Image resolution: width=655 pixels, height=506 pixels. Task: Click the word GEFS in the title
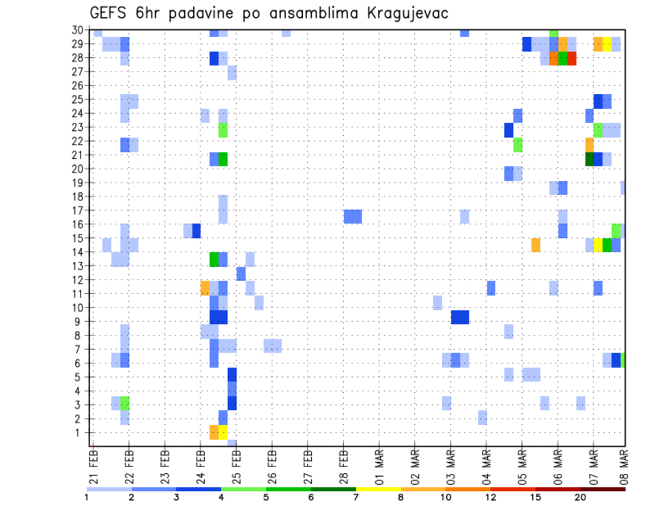(111, 13)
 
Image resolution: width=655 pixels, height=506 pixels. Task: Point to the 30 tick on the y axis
(79, 30)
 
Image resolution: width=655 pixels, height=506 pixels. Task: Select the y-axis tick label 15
(79, 239)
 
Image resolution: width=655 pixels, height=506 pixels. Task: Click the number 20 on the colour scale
(580, 497)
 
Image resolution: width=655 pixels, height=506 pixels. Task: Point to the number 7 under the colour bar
(355, 497)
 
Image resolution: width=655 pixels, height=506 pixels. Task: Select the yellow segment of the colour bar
(378, 489)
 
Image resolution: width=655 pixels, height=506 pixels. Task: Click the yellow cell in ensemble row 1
(223, 432)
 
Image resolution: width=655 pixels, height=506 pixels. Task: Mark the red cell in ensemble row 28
(572, 58)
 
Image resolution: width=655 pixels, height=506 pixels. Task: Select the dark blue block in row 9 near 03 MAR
(460, 317)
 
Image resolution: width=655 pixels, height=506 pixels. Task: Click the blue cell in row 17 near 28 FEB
(353, 216)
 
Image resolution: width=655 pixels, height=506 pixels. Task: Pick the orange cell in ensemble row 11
(205, 288)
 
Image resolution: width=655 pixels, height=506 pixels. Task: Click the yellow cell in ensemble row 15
(598, 245)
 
